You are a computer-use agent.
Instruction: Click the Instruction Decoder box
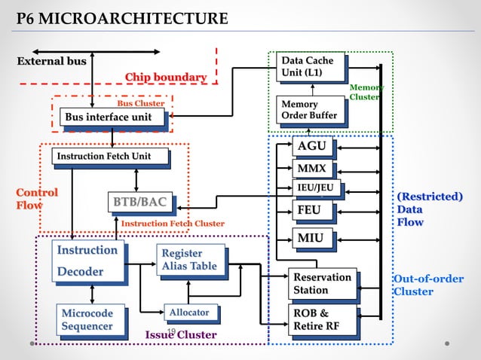click(x=87, y=261)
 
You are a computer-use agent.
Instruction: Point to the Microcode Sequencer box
click(x=87, y=319)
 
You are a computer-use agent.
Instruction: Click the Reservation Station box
click(x=323, y=284)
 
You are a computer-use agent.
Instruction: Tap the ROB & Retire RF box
click(x=323, y=319)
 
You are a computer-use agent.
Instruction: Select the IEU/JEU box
click(x=316, y=188)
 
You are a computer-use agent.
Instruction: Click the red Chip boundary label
click(x=165, y=77)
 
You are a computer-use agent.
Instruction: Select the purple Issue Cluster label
click(x=181, y=334)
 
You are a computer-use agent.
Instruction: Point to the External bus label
click(x=52, y=61)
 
